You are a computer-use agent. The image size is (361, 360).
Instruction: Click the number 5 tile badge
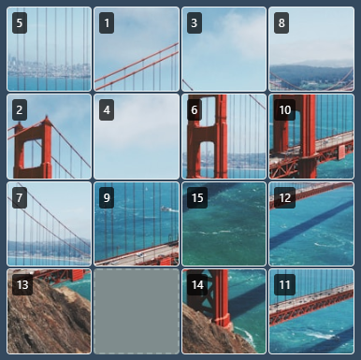[20, 22]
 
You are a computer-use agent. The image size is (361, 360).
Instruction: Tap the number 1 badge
[107, 22]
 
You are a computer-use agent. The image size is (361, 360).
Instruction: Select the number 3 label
[195, 22]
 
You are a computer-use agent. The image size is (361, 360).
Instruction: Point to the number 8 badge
[282, 22]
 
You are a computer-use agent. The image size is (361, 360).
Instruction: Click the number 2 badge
[20, 110]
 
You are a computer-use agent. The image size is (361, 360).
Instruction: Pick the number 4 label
[107, 110]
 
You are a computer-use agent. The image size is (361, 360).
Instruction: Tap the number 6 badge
[195, 110]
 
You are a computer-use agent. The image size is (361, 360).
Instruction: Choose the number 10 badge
[284, 110]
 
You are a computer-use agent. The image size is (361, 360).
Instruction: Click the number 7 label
[20, 197]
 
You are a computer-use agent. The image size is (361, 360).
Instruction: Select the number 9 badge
[107, 197]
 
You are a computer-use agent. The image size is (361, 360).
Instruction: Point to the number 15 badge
[197, 197]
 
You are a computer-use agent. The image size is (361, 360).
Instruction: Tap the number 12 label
[284, 197]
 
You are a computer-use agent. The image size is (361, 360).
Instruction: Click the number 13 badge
[22, 284]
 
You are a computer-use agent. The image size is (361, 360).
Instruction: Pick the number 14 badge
[197, 284]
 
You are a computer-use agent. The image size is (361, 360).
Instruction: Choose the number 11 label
[284, 284]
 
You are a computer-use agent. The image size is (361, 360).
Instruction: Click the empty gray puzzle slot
[137, 311]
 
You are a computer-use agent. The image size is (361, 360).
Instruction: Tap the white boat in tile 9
[166, 209]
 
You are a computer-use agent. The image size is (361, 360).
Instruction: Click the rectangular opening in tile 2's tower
[33, 153]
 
